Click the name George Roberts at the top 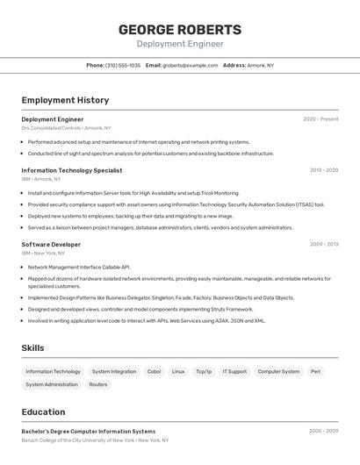point(180,30)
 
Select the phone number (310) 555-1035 point(123,65)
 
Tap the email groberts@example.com point(191,65)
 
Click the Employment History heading point(65,100)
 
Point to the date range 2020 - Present point(320,119)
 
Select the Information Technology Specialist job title point(72,170)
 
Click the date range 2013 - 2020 point(324,170)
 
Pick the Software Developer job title point(51,245)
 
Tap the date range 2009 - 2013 point(324,245)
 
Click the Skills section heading point(32,348)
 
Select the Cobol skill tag point(154,372)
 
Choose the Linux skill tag point(178,372)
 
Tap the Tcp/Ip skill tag point(204,372)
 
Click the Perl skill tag point(315,372)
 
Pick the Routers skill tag point(98,384)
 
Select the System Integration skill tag point(114,372)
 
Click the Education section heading point(43,411)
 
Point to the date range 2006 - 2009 point(323,432)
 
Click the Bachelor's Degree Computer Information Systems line point(88,432)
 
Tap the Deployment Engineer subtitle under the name point(180,44)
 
